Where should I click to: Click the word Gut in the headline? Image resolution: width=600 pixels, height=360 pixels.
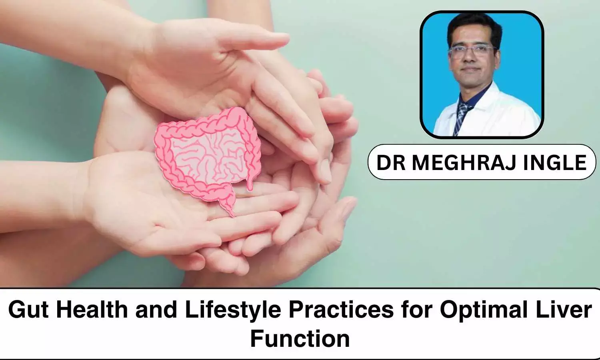point(28,310)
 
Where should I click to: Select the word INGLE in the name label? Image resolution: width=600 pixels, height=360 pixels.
point(555,162)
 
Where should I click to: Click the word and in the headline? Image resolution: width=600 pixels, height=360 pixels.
point(156,310)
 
